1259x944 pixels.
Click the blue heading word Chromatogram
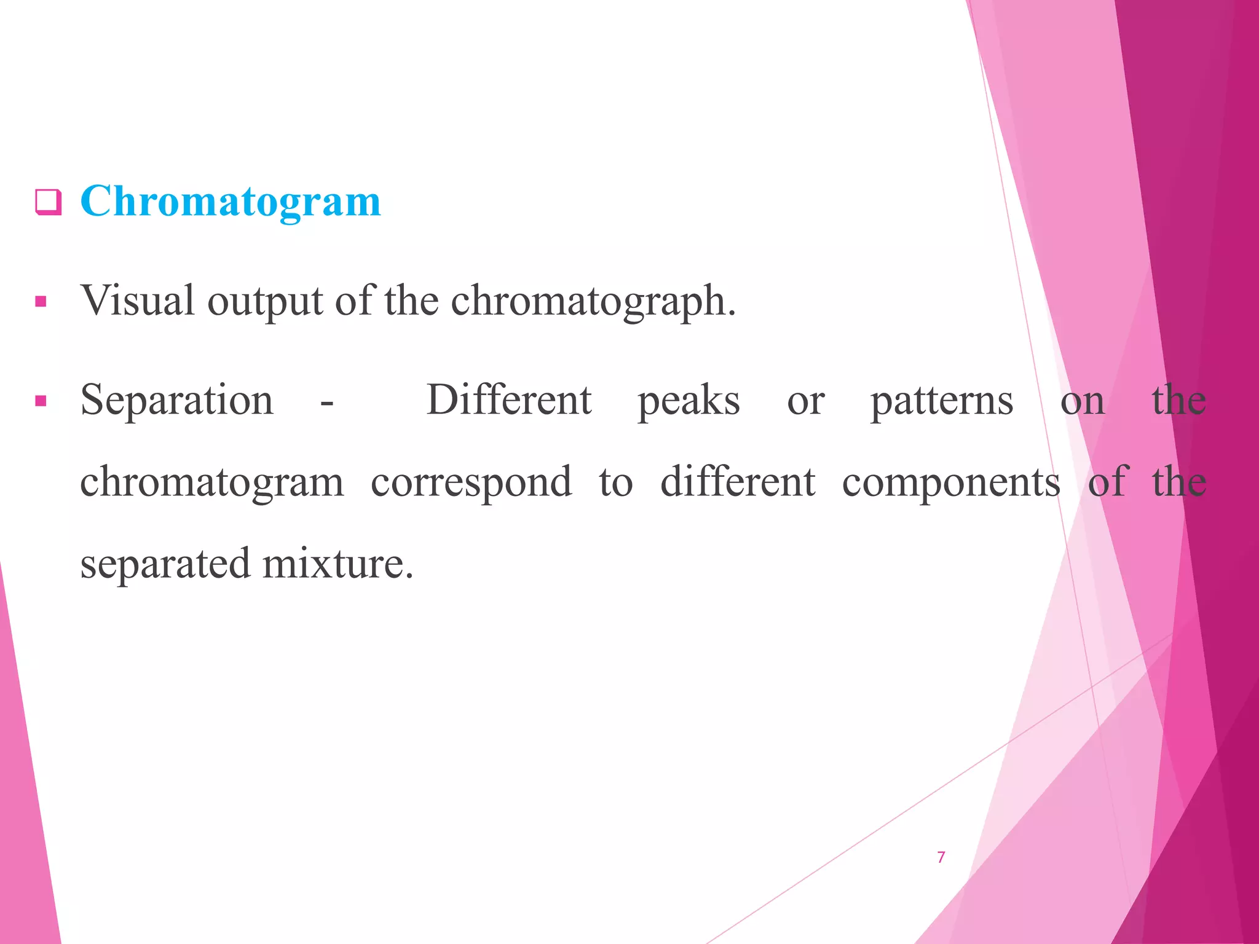(231, 202)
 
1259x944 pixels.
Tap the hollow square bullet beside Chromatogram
(48, 202)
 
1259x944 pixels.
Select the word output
(265, 302)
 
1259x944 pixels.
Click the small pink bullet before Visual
(41, 302)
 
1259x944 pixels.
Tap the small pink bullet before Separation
(41, 402)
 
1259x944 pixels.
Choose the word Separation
(177, 401)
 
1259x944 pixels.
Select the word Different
(509, 399)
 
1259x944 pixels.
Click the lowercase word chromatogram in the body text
(212, 482)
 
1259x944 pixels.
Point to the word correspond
(471, 482)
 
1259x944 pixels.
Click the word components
(951, 482)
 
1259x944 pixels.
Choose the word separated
(165, 564)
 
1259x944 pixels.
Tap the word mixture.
(337, 564)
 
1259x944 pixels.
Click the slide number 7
(941, 857)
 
